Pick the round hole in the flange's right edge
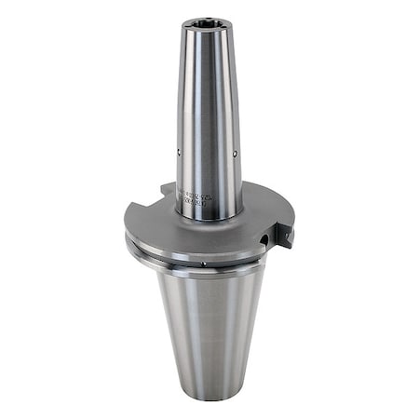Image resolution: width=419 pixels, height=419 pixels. [x=264, y=241]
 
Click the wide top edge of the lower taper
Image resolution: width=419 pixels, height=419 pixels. [x=209, y=274]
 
